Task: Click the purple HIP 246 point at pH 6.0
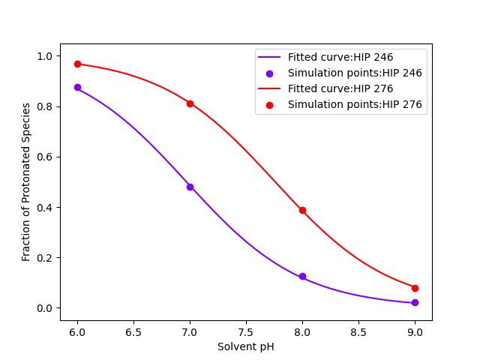[77, 87]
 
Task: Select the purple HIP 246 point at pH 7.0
[190, 187]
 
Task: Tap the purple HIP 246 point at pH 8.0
[302, 277]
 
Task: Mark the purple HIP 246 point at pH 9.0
[415, 303]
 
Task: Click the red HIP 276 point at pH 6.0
[77, 64]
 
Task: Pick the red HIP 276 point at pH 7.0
[190, 103]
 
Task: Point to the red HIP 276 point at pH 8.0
[302, 210]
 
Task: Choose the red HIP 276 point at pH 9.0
[415, 288]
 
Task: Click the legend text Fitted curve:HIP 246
[340, 57]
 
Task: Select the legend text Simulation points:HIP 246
[355, 73]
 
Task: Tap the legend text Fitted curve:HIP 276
[340, 88]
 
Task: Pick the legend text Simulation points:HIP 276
[355, 104]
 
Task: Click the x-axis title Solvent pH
[246, 346]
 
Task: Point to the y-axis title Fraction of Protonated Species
[26, 181]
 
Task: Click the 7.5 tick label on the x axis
[246, 331]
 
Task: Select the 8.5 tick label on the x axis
[358, 331]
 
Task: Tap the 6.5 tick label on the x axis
[133, 331]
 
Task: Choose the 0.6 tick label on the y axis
[44, 157]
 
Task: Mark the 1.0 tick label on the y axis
[44, 56]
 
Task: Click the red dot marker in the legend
[269, 104]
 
